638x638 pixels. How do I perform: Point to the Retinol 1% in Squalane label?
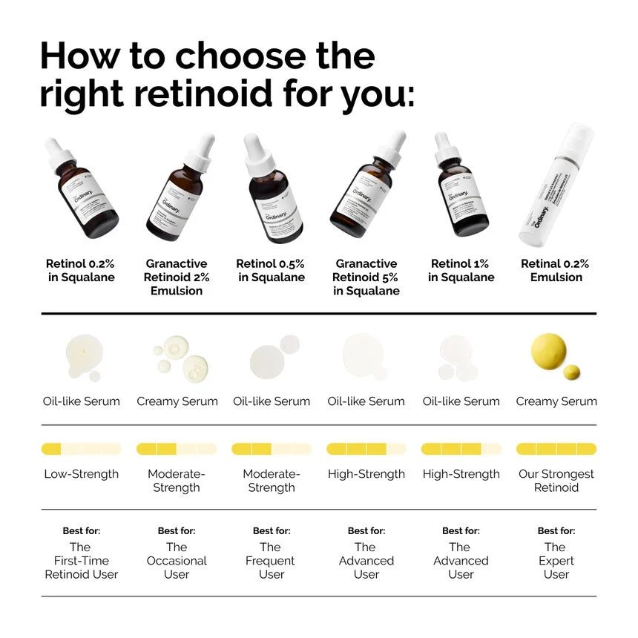point(461,270)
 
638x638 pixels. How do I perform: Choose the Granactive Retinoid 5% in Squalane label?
point(366,277)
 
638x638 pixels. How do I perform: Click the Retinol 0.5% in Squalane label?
point(271,270)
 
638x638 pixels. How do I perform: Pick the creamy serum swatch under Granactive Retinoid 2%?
point(178,357)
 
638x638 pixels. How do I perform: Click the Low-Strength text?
point(82,474)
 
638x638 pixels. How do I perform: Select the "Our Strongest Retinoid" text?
point(556,481)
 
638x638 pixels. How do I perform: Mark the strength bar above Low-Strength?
point(82,449)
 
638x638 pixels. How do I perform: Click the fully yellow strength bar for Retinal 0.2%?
point(556,449)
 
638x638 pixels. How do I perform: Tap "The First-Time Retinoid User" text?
point(82,561)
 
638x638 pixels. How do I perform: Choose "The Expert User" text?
point(556,561)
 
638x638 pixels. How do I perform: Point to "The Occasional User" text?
point(177,561)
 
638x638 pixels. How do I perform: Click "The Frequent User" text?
point(271,561)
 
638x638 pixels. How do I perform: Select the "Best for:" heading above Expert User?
point(556,531)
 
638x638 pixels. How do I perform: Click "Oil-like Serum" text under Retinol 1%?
point(461,401)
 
